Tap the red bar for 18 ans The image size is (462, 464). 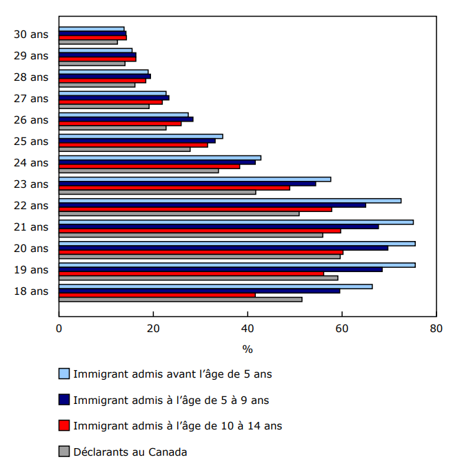coord(157,295)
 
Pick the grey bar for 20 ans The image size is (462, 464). coord(199,256)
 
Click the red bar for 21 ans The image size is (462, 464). coord(200,231)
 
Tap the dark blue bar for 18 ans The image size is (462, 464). coord(199,291)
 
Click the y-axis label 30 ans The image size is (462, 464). coord(31,34)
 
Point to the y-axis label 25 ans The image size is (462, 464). coord(31,141)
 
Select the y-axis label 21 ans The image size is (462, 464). coord(31,226)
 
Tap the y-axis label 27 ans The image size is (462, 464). coord(31,98)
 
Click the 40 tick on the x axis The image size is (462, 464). coord(248,328)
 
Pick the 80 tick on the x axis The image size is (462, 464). coord(436,328)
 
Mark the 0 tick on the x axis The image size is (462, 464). coord(59,328)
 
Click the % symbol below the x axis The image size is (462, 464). coord(248,349)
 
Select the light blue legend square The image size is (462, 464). coord(64,374)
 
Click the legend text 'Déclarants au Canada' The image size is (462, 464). coord(130,452)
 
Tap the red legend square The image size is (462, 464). coord(64,426)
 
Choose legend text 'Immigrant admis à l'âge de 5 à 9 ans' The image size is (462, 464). coord(171,400)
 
